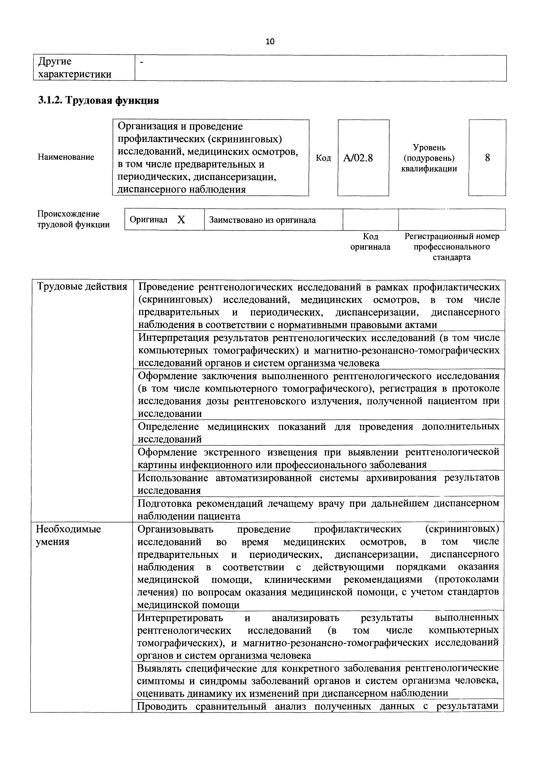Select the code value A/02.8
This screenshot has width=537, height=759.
[x=358, y=158]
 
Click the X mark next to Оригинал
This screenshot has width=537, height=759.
[x=181, y=220]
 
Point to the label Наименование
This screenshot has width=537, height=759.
[x=66, y=157]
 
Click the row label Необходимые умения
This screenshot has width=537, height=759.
[x=68, y=535]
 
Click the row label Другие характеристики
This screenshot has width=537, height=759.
[x=75, y=68]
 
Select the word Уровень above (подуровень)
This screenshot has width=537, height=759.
[x=429, y=147]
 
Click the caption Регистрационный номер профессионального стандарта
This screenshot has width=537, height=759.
[x=452, y=247]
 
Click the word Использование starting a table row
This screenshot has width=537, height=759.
[x=173, y=478]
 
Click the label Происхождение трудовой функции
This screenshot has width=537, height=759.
[x=73, y=219]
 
